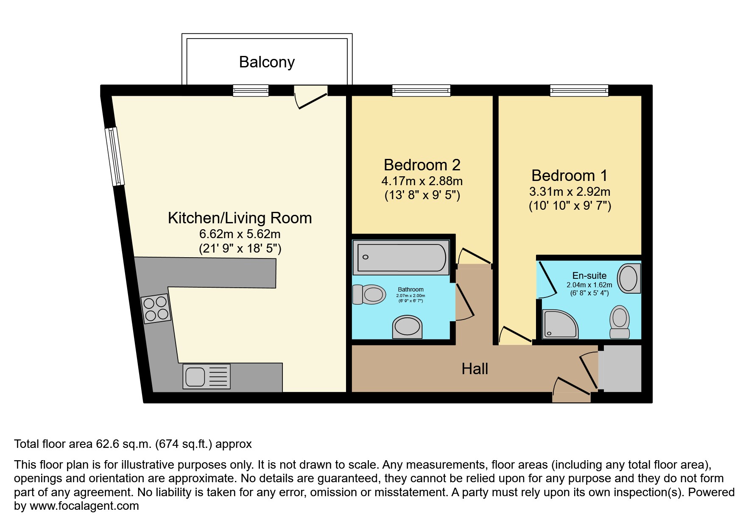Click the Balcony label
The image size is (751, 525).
[x=267, y=62]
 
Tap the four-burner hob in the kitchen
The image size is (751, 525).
[x=155, y=308]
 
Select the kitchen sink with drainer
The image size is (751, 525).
[x=207, y=376]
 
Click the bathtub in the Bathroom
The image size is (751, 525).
[x=401, y=258]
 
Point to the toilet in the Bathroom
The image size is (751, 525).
[x=369, y=294]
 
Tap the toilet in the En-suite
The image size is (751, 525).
[x=620, y=322]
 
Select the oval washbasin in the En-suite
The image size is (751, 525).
[x=628, y=278]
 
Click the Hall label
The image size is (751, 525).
[x=475, y=369]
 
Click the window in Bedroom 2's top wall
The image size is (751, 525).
[x=421, y=90]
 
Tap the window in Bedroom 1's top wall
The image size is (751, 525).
[x=579, y=90]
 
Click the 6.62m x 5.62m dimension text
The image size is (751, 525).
[x=240, y=234]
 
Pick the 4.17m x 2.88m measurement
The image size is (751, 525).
[x=422, y=181]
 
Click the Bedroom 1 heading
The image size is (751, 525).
[x=569, y=175]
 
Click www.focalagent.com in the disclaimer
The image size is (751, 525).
[x=84, y=506]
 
